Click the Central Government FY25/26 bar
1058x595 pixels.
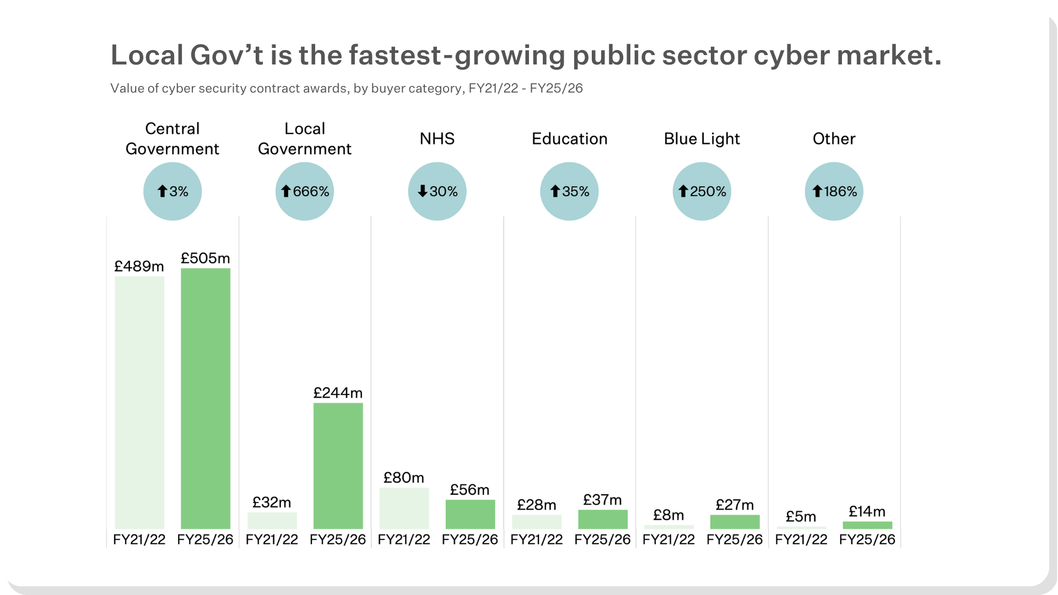[206, 398]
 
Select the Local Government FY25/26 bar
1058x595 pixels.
[338, 466]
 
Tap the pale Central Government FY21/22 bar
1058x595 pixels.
[139, 403]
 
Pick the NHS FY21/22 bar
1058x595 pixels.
[404, 509]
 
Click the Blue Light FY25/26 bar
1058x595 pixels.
[735, 522]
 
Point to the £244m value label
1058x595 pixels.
[338, 393]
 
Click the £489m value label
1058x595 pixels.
[139, 267]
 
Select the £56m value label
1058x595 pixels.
[469, 490]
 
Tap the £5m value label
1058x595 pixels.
[801, 517]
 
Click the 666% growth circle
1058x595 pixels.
[305, 191]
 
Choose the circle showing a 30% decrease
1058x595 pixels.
[437, 191]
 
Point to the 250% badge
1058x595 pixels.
[701, 191]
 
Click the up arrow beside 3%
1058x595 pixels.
[162, 191]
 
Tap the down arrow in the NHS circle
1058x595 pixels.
[423, 191]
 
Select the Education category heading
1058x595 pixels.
[569, 139]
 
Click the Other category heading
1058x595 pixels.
[834, 139]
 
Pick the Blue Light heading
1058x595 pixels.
[701, 139]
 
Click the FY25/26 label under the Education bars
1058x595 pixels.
[602, 539]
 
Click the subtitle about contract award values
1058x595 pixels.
[347, 89]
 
